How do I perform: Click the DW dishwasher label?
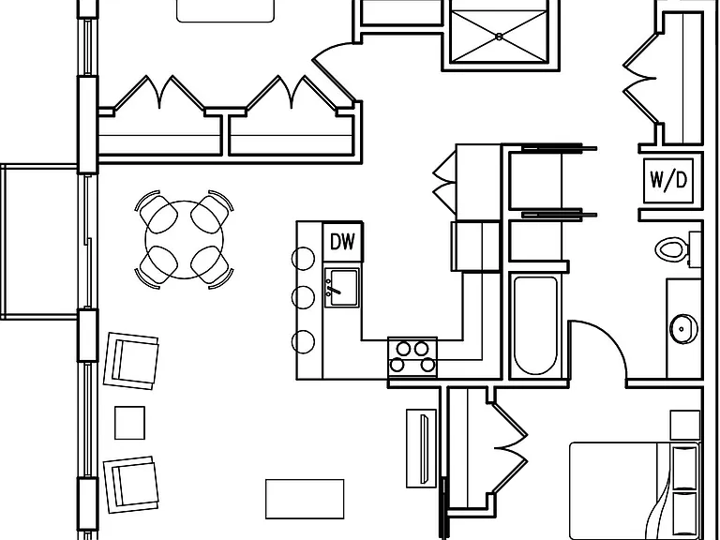point(342,242)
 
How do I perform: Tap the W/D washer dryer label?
point(668,180)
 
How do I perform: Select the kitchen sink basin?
point(341,288)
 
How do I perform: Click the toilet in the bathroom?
point(678,248)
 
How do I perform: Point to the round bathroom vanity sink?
point(683,329)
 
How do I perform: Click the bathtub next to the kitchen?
point(535,325)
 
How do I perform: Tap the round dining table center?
point(184,239)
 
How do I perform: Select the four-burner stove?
point(412,358)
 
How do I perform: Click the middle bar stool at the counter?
point(303,297)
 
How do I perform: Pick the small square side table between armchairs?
point(129,423)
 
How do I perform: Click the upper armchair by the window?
point(131,361)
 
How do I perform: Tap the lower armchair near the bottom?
point(131,484)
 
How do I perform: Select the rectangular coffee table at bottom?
point(305,499)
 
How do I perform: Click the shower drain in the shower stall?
point(499,37)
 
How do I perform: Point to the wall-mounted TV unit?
point(422,448)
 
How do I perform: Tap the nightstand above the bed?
point(685,426)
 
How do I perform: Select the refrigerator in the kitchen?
point(475,247)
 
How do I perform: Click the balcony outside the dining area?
point(39,242)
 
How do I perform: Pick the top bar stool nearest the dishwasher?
point(303,259)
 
